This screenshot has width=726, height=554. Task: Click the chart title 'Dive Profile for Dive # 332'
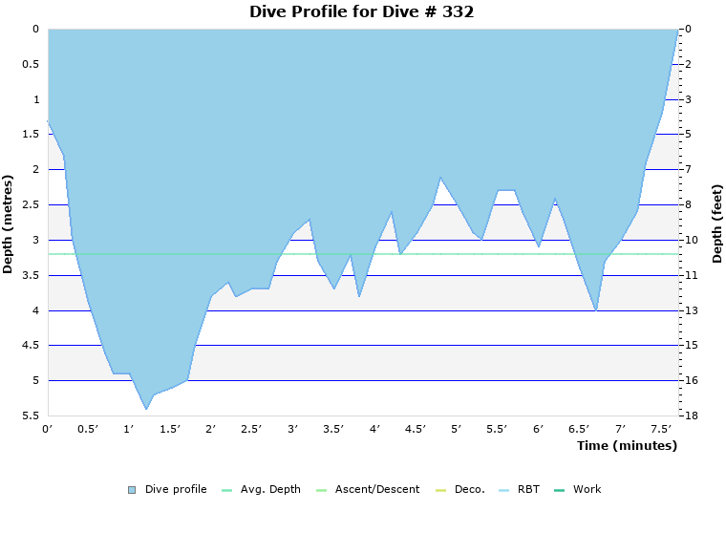[361, 12]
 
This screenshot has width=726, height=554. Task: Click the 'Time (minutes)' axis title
[627, 446]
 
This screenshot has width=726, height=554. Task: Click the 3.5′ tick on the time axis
[334, 430]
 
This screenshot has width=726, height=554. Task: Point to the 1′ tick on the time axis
[130, 430]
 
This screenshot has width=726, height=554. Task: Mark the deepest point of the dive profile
[146, 409]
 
